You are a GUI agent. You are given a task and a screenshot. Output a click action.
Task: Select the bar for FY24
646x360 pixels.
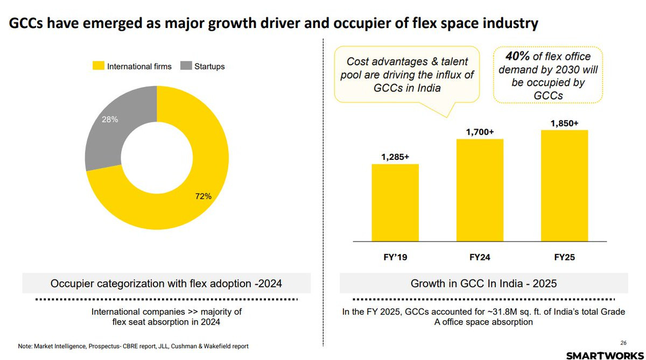click(x=480, y=190)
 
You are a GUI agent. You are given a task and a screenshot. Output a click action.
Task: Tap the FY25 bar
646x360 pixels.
click(x=564, y=186)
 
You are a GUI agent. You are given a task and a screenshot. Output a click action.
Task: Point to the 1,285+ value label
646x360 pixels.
click(x=395, y=157)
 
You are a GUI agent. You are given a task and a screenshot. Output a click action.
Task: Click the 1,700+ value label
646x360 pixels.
click(x=480, y=132)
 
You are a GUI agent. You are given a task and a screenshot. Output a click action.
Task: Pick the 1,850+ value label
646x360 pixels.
click(x=564, y=123)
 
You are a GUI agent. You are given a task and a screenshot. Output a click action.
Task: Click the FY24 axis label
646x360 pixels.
click(x=480, y=257)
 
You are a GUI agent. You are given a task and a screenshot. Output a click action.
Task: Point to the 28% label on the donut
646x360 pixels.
click(x=110, y=119)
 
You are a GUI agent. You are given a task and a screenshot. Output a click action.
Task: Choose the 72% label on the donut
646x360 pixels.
click(x=203, y=196)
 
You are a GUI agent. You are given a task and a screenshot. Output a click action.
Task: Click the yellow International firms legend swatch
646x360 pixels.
click(x=99, y=66)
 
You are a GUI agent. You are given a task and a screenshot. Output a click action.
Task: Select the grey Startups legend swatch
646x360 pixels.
click(x=185, y=66)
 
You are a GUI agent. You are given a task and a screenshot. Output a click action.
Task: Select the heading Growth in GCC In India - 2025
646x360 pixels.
click(x=483, y=283)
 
